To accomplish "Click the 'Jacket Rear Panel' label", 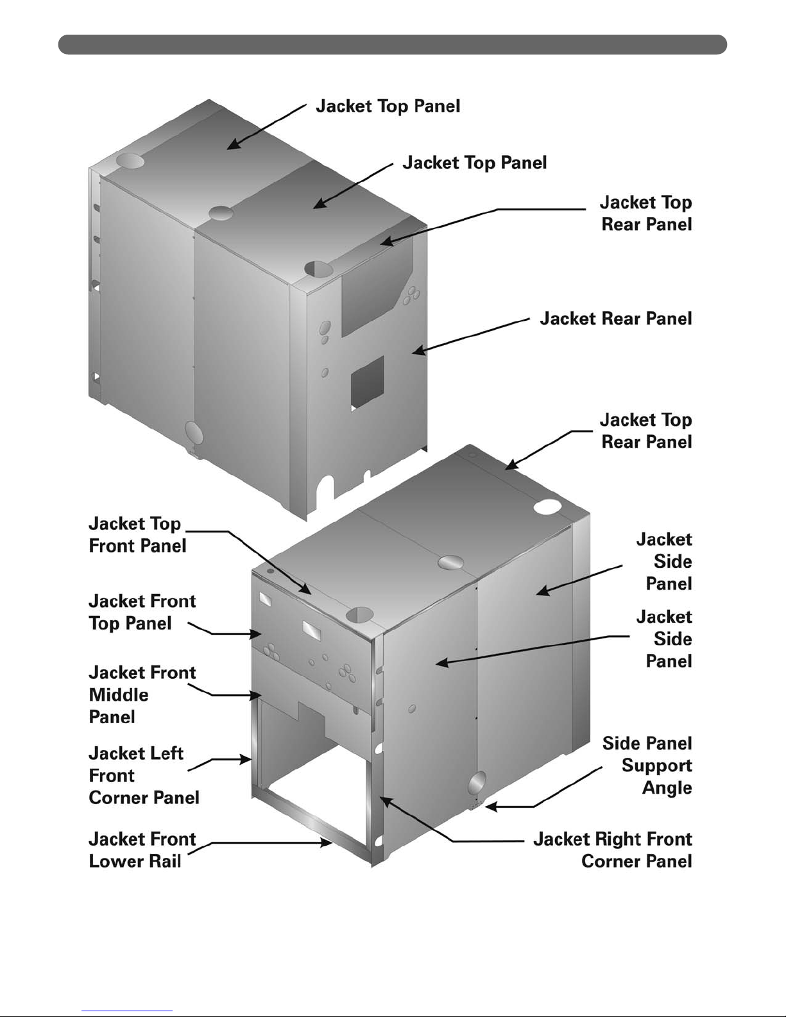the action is (x=615, y=319).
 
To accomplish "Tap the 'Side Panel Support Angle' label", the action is (x=647, y=765).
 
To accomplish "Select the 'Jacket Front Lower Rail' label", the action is (x=142, y=850).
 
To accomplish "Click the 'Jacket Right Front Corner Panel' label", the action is (x=613, y=850).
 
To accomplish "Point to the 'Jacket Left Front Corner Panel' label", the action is (x=144, y=775).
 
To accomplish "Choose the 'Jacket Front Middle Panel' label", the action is (x=142, y=694).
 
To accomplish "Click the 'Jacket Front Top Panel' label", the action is (x=142, y=612).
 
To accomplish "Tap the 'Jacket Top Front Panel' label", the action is (x=137, y=534).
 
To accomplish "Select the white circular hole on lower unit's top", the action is (x=547, y=508).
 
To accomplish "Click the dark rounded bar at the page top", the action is (x=392, y=44).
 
